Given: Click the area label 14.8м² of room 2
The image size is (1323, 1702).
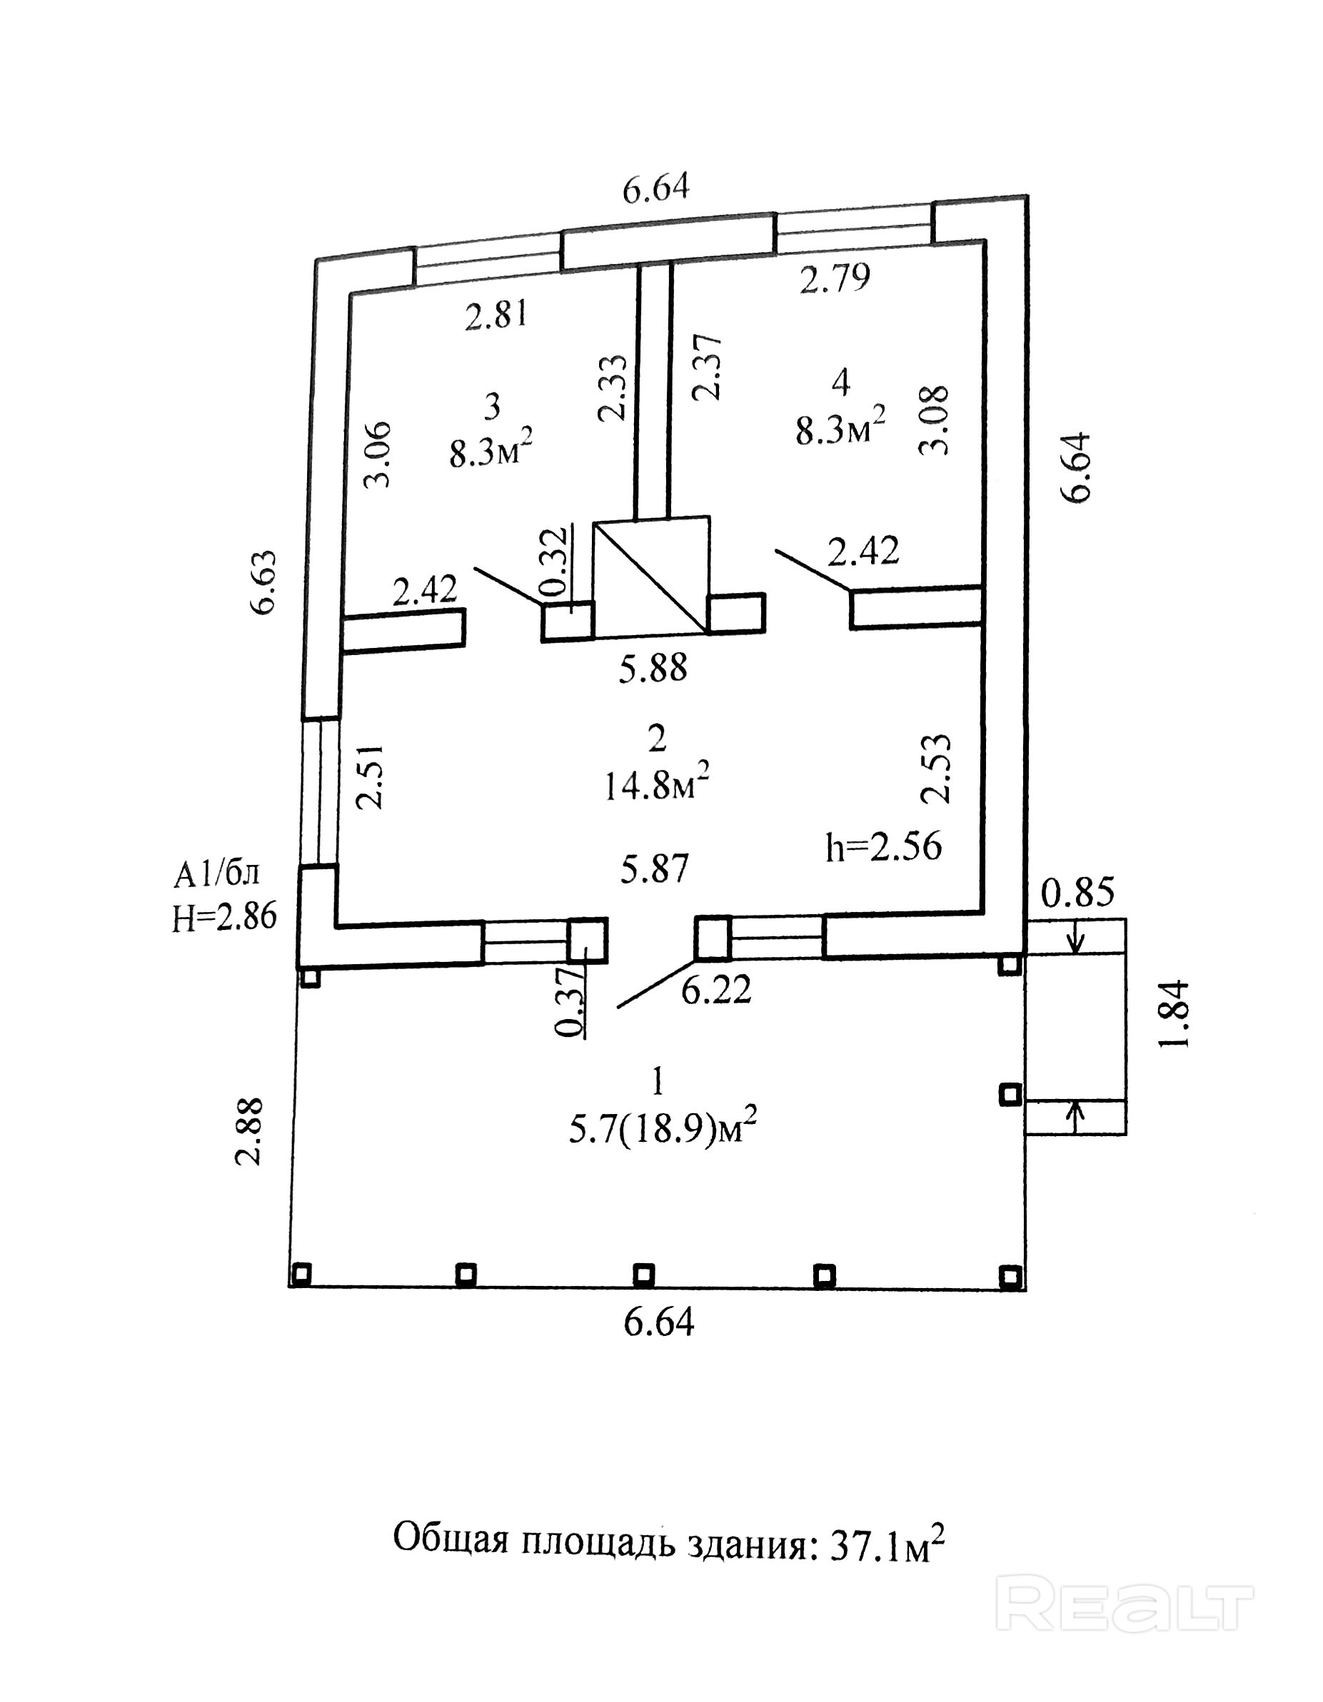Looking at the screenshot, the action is pyautogui.click(x=656, y=781).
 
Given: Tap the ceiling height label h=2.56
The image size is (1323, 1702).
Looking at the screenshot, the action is pyautogui.click(x=884, y=846).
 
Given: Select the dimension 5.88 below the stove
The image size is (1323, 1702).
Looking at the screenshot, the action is pyautogui.click(x=653, y=668).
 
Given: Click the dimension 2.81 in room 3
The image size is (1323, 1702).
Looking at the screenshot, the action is pyautogui.click(x=497, y=315).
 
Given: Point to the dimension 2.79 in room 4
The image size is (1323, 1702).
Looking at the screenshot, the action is pyautogui.click(x=835, y=278).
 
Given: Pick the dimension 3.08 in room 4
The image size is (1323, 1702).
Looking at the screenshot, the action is pyautogui.click(x=935, y=420).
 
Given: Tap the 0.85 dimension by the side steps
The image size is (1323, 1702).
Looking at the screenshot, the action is pyautogui.click(x=1078, y=892).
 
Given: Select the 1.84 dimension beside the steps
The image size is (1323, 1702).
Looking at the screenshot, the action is pyautogui.click(x=1174, y=1014).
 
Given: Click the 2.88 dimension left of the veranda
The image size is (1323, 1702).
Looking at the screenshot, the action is pyautogui.click(x=249, y=1132).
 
